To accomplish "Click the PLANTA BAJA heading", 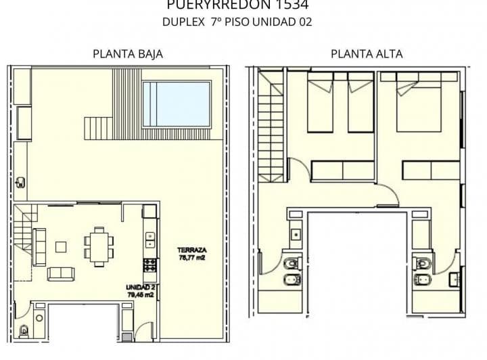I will pyautogui.click(x=128, y=54).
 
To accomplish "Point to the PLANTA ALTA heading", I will pyautogui.click(x=367, y=54).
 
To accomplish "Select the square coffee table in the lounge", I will pyautogui.click(x=62, y=247).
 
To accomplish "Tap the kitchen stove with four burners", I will pyautogui.click(x=150, y=265).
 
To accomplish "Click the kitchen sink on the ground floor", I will pyautogui.click(x=149, y=239).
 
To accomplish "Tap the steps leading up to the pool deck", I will pyautogui.click(x=98, y=126).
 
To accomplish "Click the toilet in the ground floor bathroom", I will pyautogui.click(x=24, y=330).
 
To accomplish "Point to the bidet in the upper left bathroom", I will pyautogui.click(x=292, y=282).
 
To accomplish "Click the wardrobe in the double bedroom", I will pyautogui.click(x=431, y=170).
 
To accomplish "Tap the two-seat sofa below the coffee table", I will pyautogui.click(x=61, y=273).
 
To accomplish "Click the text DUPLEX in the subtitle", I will pyautogui.click(x=179, y=22).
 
